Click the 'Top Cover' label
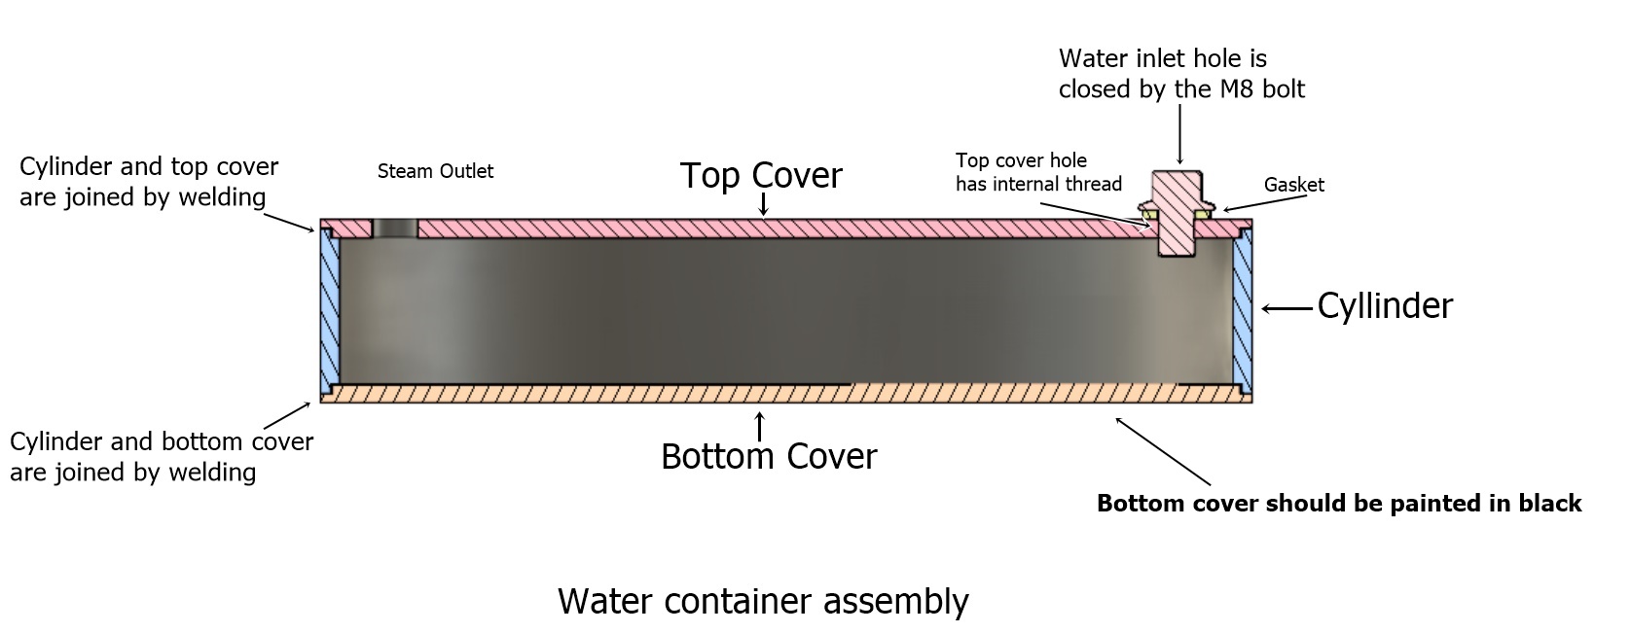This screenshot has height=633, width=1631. (x=760, y=176)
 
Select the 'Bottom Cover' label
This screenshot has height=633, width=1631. (x=768, y=456)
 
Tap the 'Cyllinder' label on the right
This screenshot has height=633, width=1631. (x=1384, y=306)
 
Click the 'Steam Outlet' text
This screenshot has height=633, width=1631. (x=435, y=171)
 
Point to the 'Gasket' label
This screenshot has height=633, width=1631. (x=1293, y=185)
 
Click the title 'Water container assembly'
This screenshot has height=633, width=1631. (x=763, y=601)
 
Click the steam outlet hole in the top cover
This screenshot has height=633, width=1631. (x=394, y=229)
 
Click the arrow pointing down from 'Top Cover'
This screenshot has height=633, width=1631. (x=764, y=203)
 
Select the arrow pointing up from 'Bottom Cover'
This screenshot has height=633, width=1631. (x=759, y=425)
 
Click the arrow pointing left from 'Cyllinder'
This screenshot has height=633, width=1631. (x=1286, y=309)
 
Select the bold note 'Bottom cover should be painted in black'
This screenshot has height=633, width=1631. (x=1339, y=504)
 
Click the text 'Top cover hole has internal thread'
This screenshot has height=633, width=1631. (x=1038, y=172)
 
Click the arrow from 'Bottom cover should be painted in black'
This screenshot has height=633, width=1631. (x=1163, y=451)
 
